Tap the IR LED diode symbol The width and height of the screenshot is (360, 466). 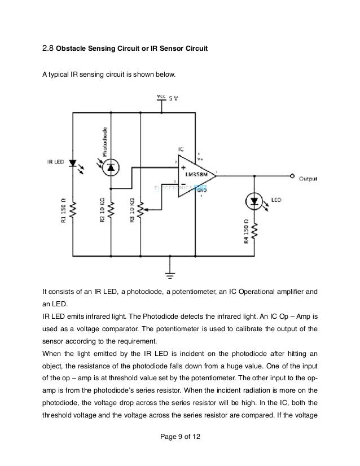(x=72, y=164)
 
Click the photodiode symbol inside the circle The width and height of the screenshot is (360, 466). (x=111, y=166)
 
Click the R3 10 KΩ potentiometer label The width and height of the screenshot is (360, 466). (x=132, y=212)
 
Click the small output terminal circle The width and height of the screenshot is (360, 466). (x=292, y=176)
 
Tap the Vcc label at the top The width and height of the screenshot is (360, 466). (x=161, y=96)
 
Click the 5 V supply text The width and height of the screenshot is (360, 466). (x=174, y=99)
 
